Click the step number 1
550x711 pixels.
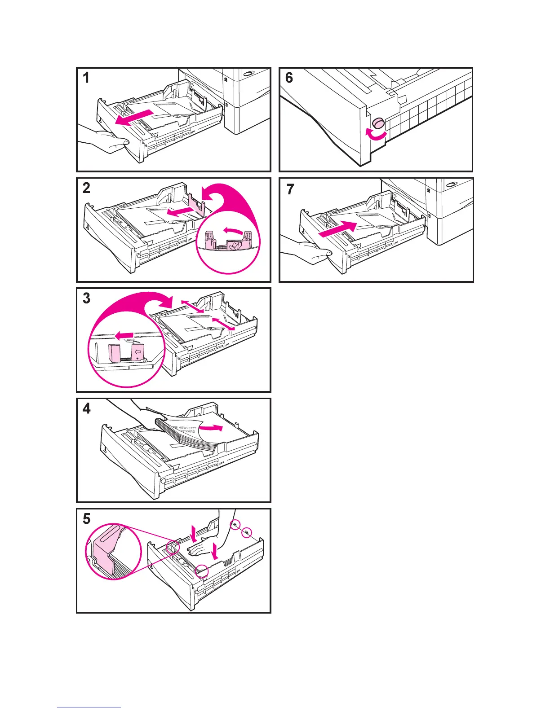pyautogui.click(x=86, y=78)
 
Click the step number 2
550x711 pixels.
pyautogui.click(x=86, y=188)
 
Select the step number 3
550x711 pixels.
pyautogui.click(x=86, y=298)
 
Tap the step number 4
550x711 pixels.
pyautogui.click(x=86, y=409)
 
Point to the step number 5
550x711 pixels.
pyautogui.click(x=86, y=519)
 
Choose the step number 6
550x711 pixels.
pyautogui.click(x=289, y=78)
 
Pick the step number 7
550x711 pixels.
pyautogui.click(x=290, y=189)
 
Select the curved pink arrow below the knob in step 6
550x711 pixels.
pyautogui.click(x=376, y=135)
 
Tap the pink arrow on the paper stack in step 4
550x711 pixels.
pyautogui.click(x=211, y=428)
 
